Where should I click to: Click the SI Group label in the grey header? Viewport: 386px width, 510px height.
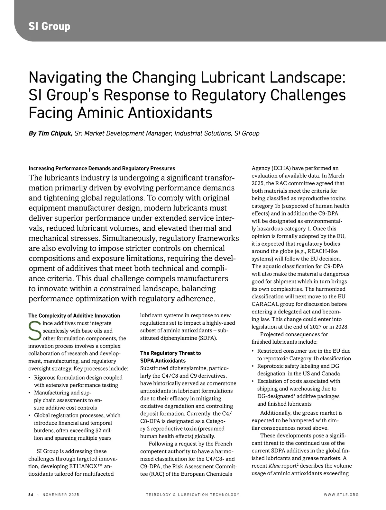tap(49, 26)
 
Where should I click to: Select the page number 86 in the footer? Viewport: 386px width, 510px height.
tap(31, 495)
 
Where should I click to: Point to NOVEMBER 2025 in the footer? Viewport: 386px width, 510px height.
tap(61, 495)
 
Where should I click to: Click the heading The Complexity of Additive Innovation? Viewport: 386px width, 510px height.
tap(74, 316)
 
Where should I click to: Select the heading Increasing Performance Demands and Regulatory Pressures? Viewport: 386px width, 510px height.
tap(102, 168)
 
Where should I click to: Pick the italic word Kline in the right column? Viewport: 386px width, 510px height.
tap(274, 466)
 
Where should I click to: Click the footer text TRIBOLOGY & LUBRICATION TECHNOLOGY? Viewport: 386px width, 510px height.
tap(193, 495)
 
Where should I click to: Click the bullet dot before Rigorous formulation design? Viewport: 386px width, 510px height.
tap(30, 378)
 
